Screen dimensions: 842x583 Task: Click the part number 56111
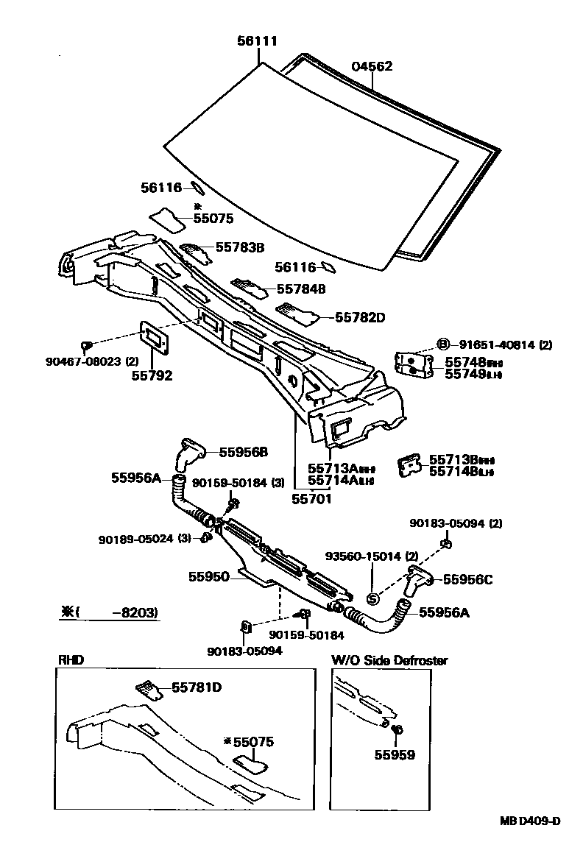click(x=258, y=42)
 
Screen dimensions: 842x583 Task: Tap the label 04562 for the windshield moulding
click(x=372, y=66)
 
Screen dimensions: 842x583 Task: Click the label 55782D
click(x=360, y=317)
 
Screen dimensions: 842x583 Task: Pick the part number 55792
click(x=152, y=375)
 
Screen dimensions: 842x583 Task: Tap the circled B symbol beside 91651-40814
click(x=443, y=344)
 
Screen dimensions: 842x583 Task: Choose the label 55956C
click(x=468, y=579)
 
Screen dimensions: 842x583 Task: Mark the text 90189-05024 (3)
click(x=144, y=539)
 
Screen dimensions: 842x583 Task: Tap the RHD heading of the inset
click(x=71, y=660)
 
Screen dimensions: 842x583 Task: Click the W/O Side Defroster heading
click(x=389, y=660)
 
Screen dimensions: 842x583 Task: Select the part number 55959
click(x=394, y=754)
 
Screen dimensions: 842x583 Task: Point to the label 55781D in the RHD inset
click(x=197, y=687)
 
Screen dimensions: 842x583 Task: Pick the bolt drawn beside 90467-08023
click(x=87, y=344)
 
